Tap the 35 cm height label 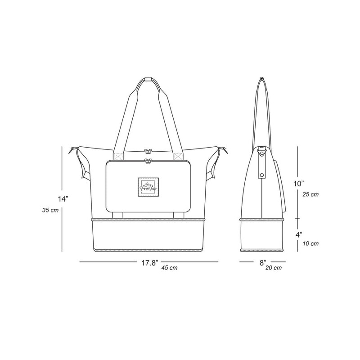click(49, 210)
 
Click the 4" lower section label click(299, 235)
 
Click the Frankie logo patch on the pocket click(148, 186)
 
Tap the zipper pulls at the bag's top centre click(147, 154)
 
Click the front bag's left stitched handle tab click(118, 157)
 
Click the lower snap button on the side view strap click(261, 172)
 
